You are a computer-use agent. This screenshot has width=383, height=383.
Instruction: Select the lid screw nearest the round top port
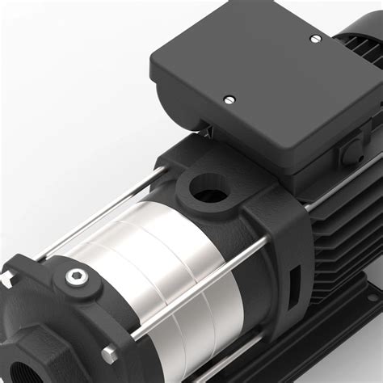click(x=229, y=99)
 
